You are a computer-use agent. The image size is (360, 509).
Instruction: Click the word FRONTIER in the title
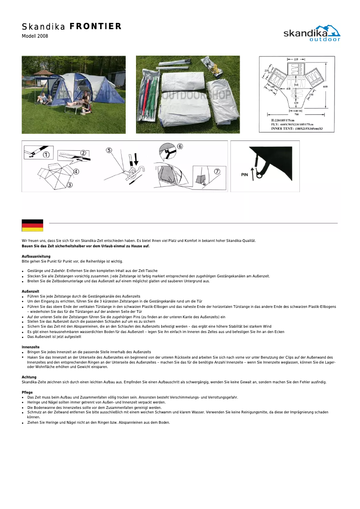(96, 26)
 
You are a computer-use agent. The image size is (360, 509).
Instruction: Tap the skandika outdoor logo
(312, 34)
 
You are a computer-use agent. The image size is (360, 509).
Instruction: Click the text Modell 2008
(35, 36)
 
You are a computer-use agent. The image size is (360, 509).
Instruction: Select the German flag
(32, 225)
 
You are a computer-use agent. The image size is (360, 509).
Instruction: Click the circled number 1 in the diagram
(46, 155)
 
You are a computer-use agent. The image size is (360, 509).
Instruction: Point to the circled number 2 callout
(83, 153)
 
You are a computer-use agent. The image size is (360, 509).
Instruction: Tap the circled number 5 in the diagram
(109, 150)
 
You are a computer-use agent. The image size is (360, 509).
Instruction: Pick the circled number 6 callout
(180, 146)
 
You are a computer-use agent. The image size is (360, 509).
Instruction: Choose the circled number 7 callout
(217, 171)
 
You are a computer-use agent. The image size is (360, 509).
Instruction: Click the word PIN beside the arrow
(245, 175)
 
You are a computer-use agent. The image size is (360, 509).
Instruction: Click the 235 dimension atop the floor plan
(297, 59)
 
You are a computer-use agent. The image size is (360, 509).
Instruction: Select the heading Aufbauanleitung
(36, 256)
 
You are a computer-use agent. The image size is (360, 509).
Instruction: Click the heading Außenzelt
(31, 291)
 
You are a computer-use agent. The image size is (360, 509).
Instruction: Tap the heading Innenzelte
(31, 347)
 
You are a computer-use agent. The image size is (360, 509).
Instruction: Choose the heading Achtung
(29, 377)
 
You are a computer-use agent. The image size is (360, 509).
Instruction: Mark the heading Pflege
(27, 392)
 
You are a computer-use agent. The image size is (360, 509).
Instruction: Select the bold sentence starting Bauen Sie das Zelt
(86, 246)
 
